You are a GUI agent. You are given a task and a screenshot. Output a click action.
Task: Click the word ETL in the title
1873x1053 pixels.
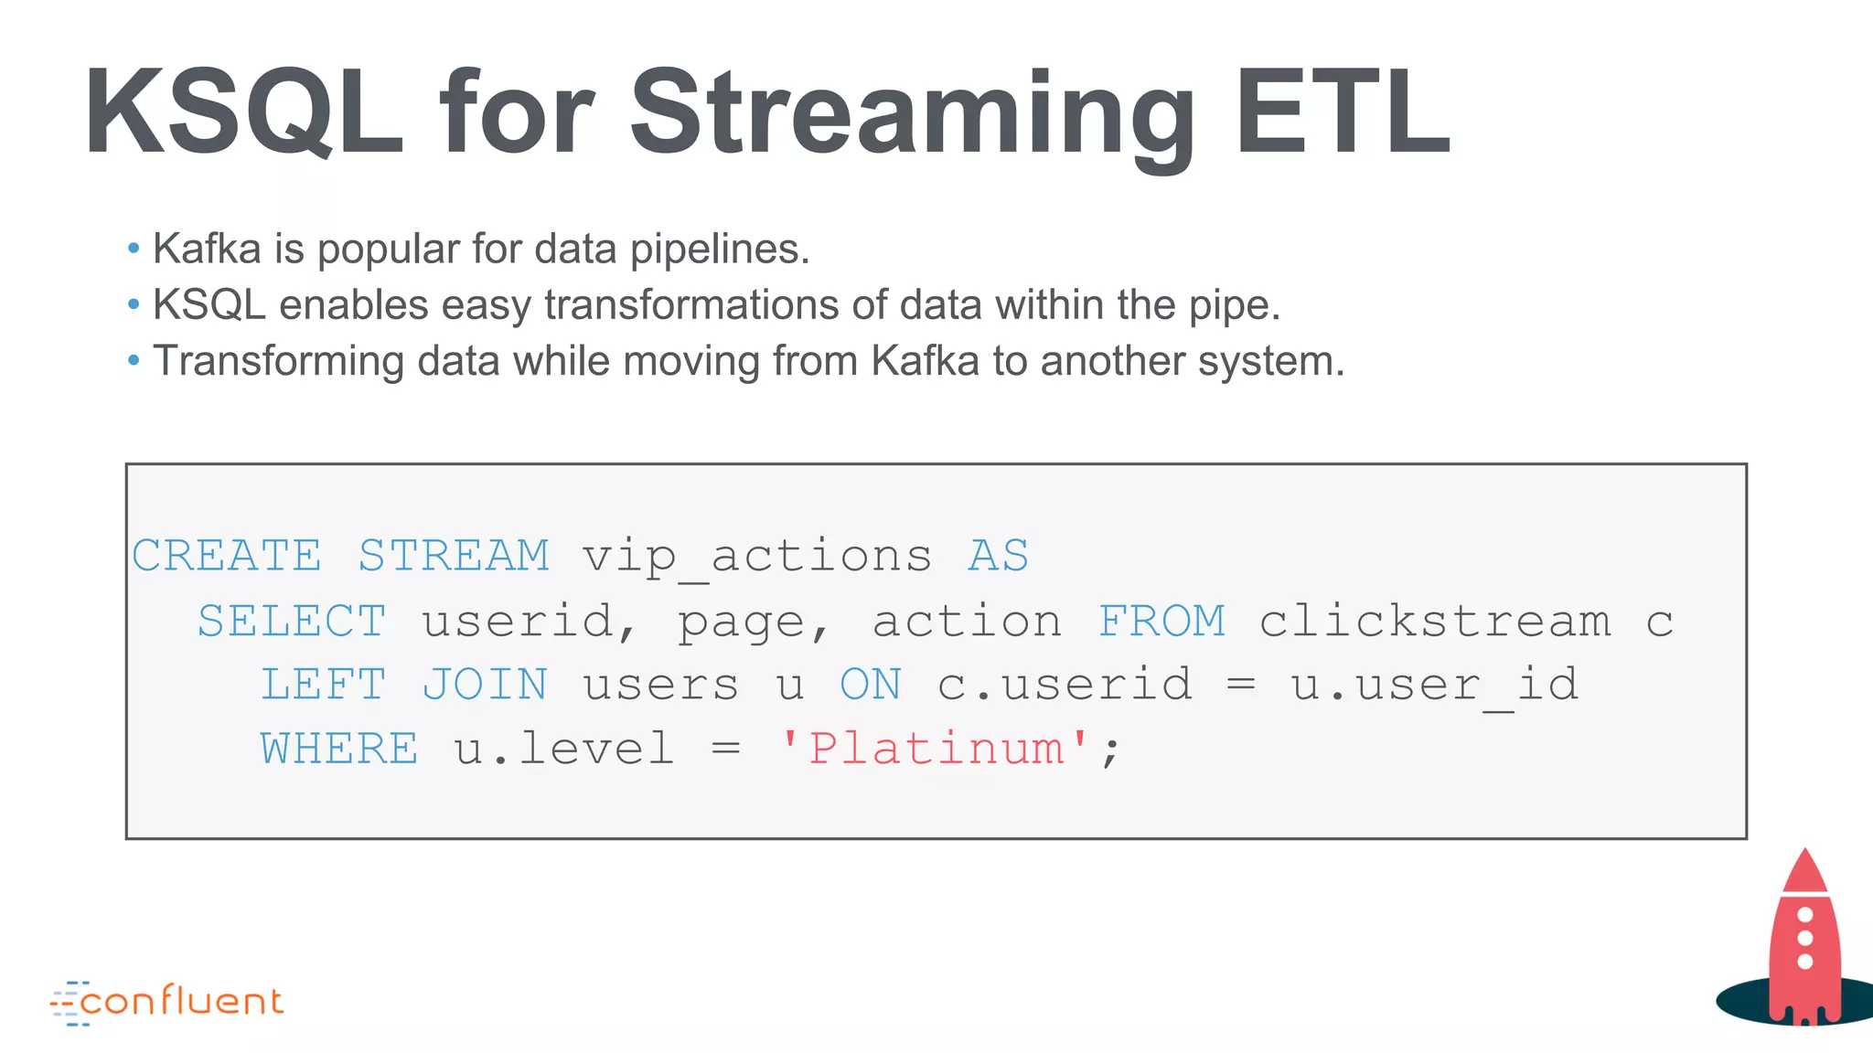click(1341, 113)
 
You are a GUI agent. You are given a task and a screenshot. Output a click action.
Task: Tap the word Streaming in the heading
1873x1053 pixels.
click(912, 113)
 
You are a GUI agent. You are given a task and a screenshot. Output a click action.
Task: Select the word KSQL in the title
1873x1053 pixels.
click(243, 113)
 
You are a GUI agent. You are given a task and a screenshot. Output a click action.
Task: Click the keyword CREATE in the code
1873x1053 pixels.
click(227, 556)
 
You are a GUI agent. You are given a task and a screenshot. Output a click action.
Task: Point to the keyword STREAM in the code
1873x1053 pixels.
click(454, 556)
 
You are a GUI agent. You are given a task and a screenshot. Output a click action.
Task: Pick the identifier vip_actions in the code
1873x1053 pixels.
click(757, 556)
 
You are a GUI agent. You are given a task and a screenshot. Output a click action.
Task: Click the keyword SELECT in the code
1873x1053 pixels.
click(292, 622)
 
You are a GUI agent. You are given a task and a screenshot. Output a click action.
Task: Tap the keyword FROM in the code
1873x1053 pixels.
click(1161, 622)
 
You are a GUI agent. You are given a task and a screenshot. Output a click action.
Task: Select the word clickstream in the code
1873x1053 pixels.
click(1434, 622)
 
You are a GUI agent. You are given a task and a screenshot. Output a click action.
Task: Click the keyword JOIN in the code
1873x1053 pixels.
click(485, 686)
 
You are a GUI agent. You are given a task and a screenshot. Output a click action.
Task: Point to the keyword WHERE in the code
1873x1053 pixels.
click(339, 750)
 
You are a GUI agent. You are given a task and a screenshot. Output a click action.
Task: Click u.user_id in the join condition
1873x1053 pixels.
click(1434, 686)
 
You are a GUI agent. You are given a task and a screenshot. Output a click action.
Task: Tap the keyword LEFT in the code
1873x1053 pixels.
click(323, 686)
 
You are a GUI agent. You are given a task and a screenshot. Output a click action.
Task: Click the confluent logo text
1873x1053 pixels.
click(181, 1002)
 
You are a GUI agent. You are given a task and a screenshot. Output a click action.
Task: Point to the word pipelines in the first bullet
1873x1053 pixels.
click(719, 250)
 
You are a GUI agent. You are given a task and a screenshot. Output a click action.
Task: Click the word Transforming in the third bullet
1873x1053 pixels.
click(278, 362)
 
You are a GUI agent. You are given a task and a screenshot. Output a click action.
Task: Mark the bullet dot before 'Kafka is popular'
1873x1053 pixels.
click(134, 248)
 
